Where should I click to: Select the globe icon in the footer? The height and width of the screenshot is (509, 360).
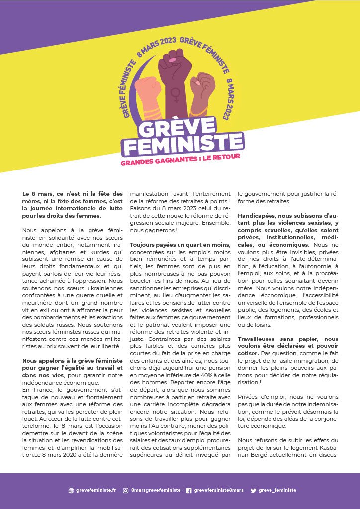(x=71, y=490)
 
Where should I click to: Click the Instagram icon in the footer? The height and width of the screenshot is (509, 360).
(x=126, y=490)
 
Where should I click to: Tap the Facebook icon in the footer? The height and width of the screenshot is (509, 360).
(x=189, y=490)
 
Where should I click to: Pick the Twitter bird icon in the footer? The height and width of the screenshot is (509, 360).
(x=254, y=490)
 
